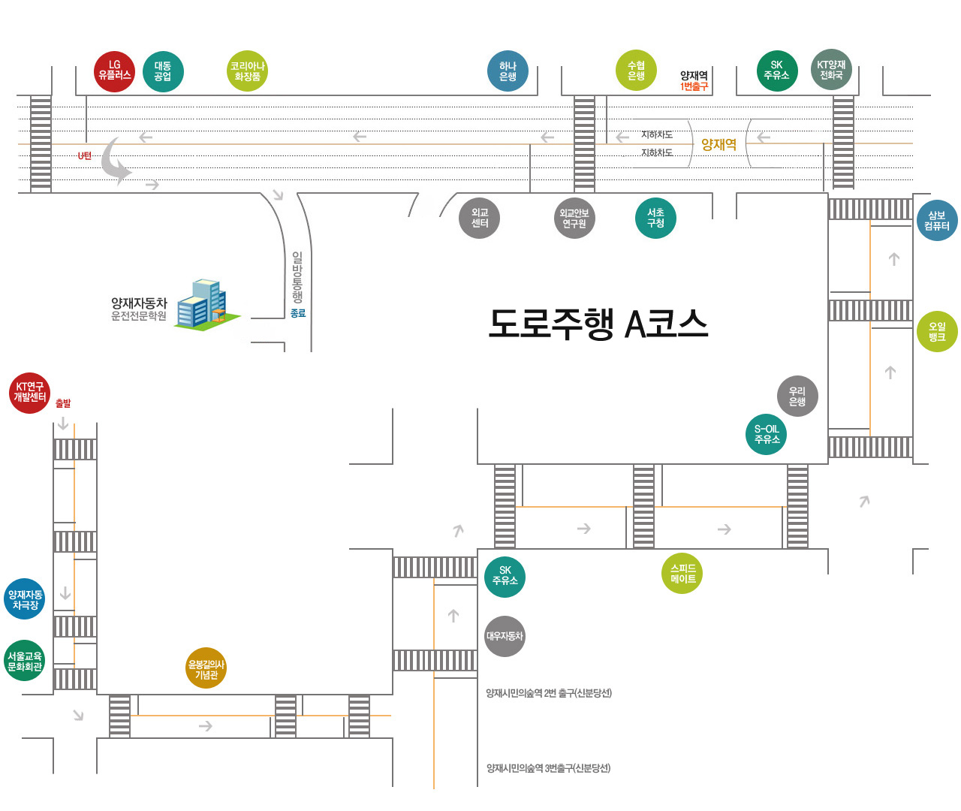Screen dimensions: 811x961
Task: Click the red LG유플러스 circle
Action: click(x=114, y=71)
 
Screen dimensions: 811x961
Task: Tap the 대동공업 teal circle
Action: click(x=163, y=72)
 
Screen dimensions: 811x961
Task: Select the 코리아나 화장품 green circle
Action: click(x=247, y=71)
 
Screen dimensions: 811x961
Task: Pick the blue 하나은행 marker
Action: click(x=508, y=71)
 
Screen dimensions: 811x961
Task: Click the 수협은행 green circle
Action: click(x=636, y=71)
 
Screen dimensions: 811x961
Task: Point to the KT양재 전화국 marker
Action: click(x=831, y=71)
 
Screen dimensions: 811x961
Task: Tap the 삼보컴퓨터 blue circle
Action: click(x=937, y=221)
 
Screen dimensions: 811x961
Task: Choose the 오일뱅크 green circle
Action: click(x=937, y=331)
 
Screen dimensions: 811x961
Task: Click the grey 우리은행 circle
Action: click(x=797, y=396)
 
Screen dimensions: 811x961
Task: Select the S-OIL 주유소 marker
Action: click(x=767, y=434)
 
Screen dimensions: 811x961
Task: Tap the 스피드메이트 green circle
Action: click(x=682, y=574)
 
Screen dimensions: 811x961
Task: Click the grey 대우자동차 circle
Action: click(x=505, y=636)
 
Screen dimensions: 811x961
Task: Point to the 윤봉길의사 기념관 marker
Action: click(x=206, y=668)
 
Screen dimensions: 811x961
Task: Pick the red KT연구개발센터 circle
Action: click(x=30, y=392)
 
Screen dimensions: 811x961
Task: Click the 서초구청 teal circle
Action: click(x=655, y=218)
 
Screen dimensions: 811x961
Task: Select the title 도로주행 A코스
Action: click(x=598, y=324)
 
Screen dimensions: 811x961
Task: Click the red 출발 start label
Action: click(x=63, y=403)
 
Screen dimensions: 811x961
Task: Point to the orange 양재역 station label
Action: click(x=718, y=144)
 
